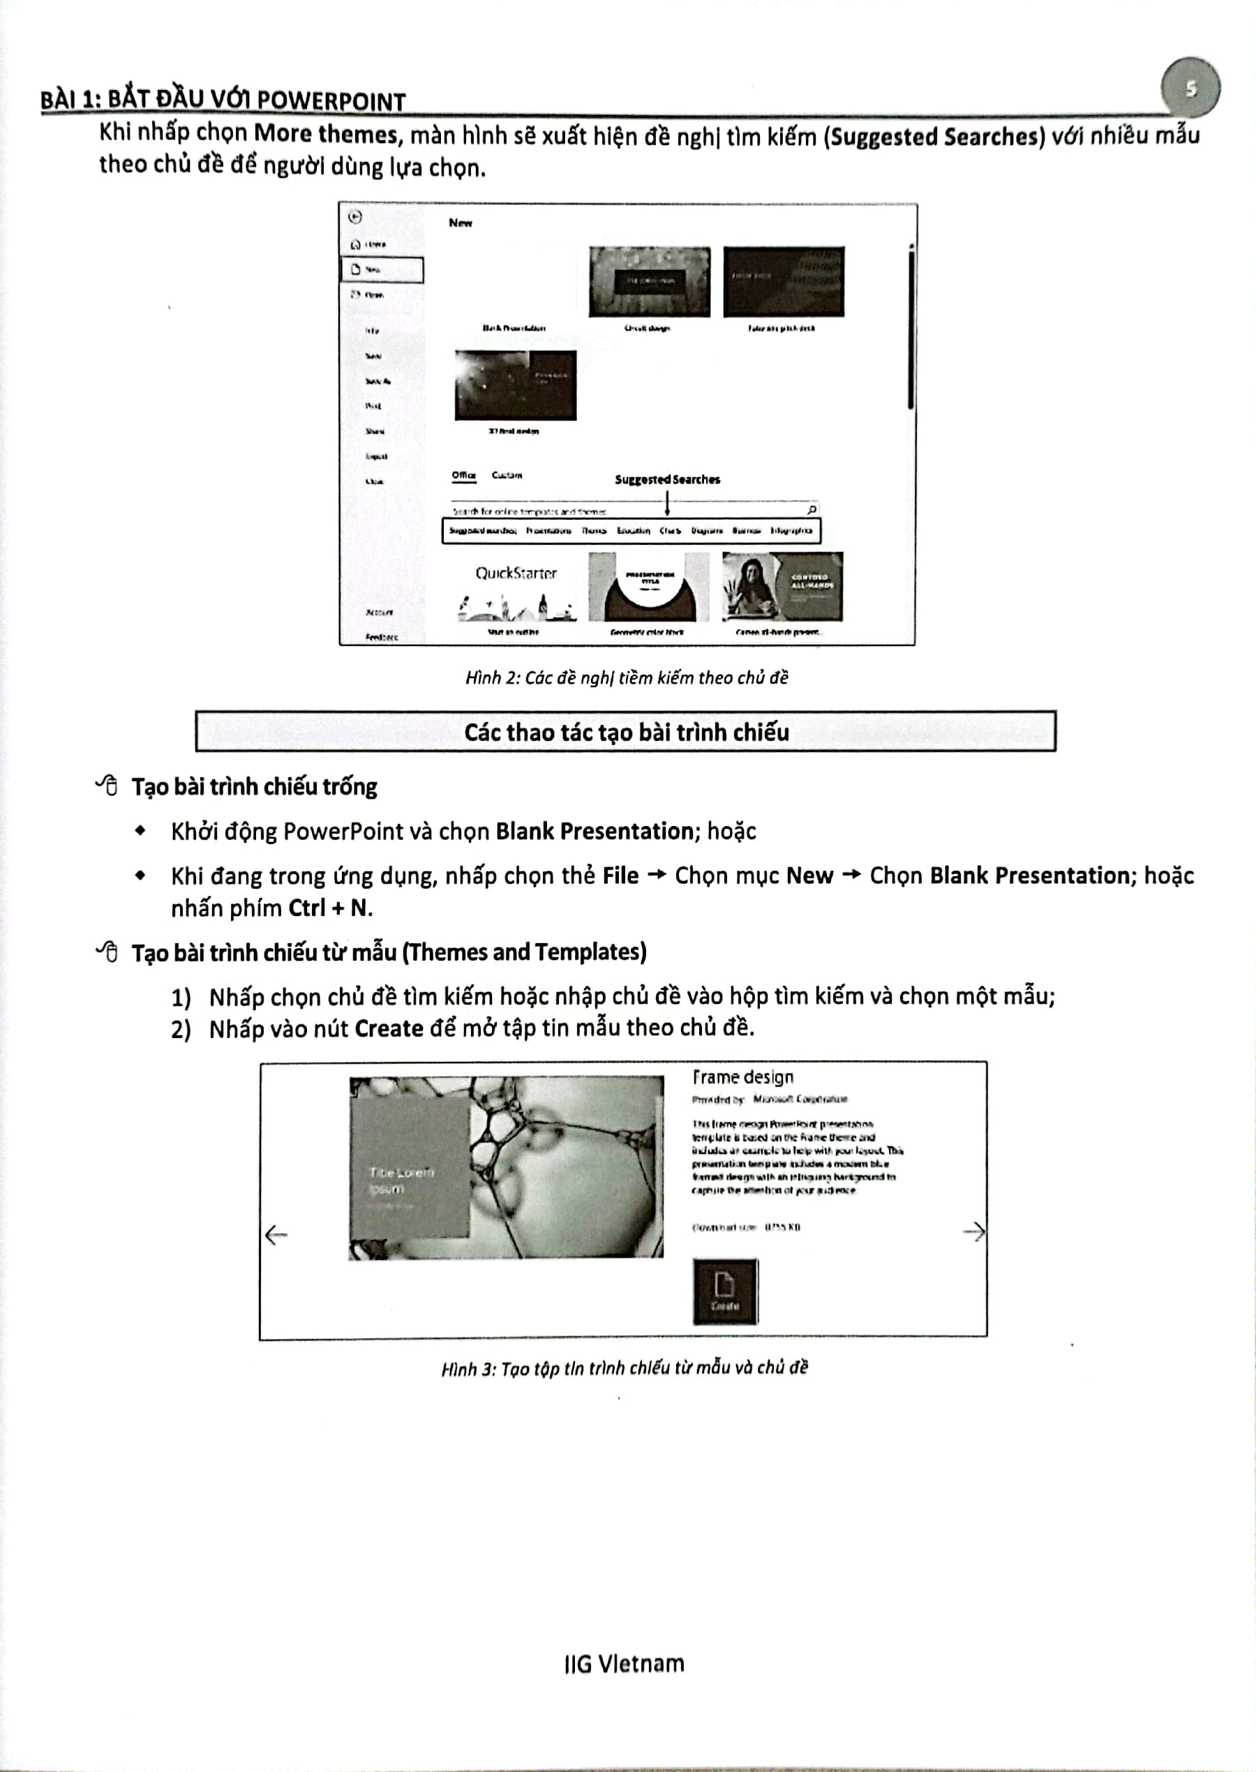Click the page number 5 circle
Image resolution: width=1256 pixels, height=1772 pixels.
1190,88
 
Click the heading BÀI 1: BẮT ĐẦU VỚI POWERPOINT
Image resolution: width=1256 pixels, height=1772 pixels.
223,100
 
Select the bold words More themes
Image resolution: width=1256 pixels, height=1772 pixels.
326,135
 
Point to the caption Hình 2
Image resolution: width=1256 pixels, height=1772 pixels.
627,678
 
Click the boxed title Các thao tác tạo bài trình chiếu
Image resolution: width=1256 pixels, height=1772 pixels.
626,732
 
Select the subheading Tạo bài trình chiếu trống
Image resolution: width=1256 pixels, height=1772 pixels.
254,787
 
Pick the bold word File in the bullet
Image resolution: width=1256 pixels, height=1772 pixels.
620,876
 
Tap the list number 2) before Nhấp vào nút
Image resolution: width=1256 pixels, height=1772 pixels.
181,1030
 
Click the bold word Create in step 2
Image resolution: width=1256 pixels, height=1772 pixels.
388,1029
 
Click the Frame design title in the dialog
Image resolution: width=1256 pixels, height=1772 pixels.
742,1077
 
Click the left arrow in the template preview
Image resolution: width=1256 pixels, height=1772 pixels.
276,1235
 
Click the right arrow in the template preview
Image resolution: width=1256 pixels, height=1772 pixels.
973,1231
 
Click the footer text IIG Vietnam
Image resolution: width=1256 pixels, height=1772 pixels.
624,1664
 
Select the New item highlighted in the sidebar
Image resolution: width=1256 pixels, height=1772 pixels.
382,270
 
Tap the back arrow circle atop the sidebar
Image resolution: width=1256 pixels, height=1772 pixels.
355,217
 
